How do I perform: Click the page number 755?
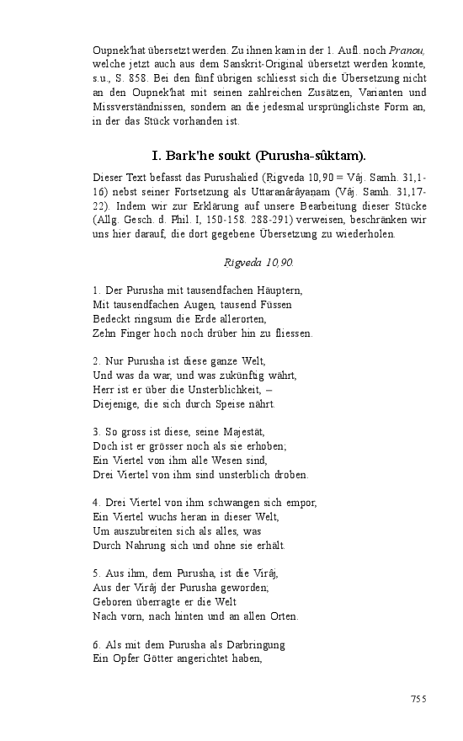pos(418,699)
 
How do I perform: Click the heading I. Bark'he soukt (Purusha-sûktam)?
pos(258,156)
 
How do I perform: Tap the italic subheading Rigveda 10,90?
pos(258,263)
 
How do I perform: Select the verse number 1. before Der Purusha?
pos(97,291)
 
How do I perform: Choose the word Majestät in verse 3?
pos(263,432)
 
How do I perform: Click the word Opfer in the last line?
pos(127,659)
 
